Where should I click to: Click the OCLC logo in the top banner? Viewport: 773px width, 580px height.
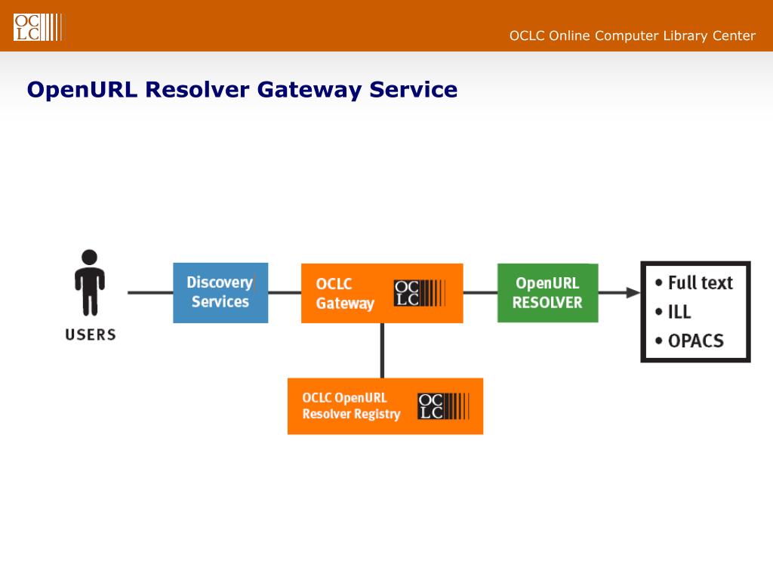click(x=38, y=27)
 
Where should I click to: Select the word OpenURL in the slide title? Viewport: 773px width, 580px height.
click(x=82, y=91)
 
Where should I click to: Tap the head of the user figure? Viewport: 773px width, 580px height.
click(x=89, y=258)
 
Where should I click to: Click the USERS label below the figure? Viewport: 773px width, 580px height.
click(x=91, y=335)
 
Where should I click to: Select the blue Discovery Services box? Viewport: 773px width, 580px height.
click(x=220, y=293)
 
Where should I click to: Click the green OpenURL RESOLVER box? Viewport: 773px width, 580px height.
click(x=548, y=293)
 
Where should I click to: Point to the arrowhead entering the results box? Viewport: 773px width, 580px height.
click(x=633, y=292)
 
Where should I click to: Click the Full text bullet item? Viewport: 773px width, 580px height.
click(x=694, y=283)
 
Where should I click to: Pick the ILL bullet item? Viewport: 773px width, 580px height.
click(x=673, y=312)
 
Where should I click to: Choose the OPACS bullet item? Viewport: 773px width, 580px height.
click(x=689, y=341)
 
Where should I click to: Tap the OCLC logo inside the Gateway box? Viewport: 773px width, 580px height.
click(x=420, y=293)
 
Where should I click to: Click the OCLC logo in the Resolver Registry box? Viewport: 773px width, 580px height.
click(x=443, y=406)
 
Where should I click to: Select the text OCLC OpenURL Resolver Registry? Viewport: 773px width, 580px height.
click(x=351, y=406)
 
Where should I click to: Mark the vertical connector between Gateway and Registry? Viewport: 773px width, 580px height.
click(x=382, y=350)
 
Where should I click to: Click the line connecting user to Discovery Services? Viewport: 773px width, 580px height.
click(x=150, y=292)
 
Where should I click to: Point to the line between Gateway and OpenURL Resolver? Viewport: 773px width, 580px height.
click(x=480, y=292)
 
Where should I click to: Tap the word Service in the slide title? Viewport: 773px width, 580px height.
click(x=413, y=89)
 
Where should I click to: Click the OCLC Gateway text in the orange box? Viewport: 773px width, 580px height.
click(x=345, y=294)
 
